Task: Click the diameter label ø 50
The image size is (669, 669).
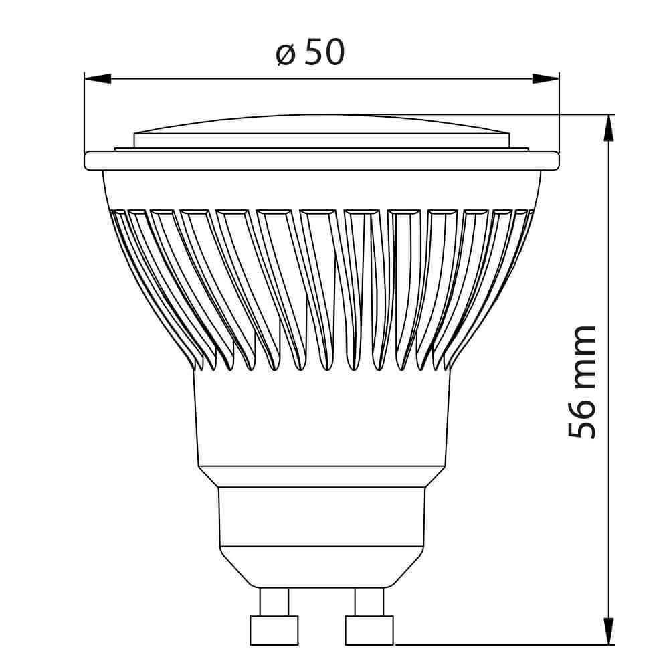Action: pyautogui.click(x=310, y=52)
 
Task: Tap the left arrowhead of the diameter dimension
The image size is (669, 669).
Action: pyautogui.click(x=98, y=78)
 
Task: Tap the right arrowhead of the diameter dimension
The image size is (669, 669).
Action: pyautogui.click(x=545, y=78)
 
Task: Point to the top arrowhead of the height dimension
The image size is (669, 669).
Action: pyautogui.click(x=608, y=128)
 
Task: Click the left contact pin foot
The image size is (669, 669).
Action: pyautogui.click(x=274, y=630)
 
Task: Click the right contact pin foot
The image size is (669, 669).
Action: pyautogui.click(x=369, y=630)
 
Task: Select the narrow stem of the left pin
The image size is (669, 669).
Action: pyautogui.click(x=274, y=601)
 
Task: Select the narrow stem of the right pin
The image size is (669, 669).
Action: pyautogui.click(x=369, y=601)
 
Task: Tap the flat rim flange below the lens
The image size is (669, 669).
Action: pyautogui.click(x=321, y=161)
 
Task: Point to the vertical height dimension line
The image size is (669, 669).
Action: pyautogui.click(x=608, y=268)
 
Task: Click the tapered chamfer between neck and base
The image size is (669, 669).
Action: pyautogui.click(x=321, y=476)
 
